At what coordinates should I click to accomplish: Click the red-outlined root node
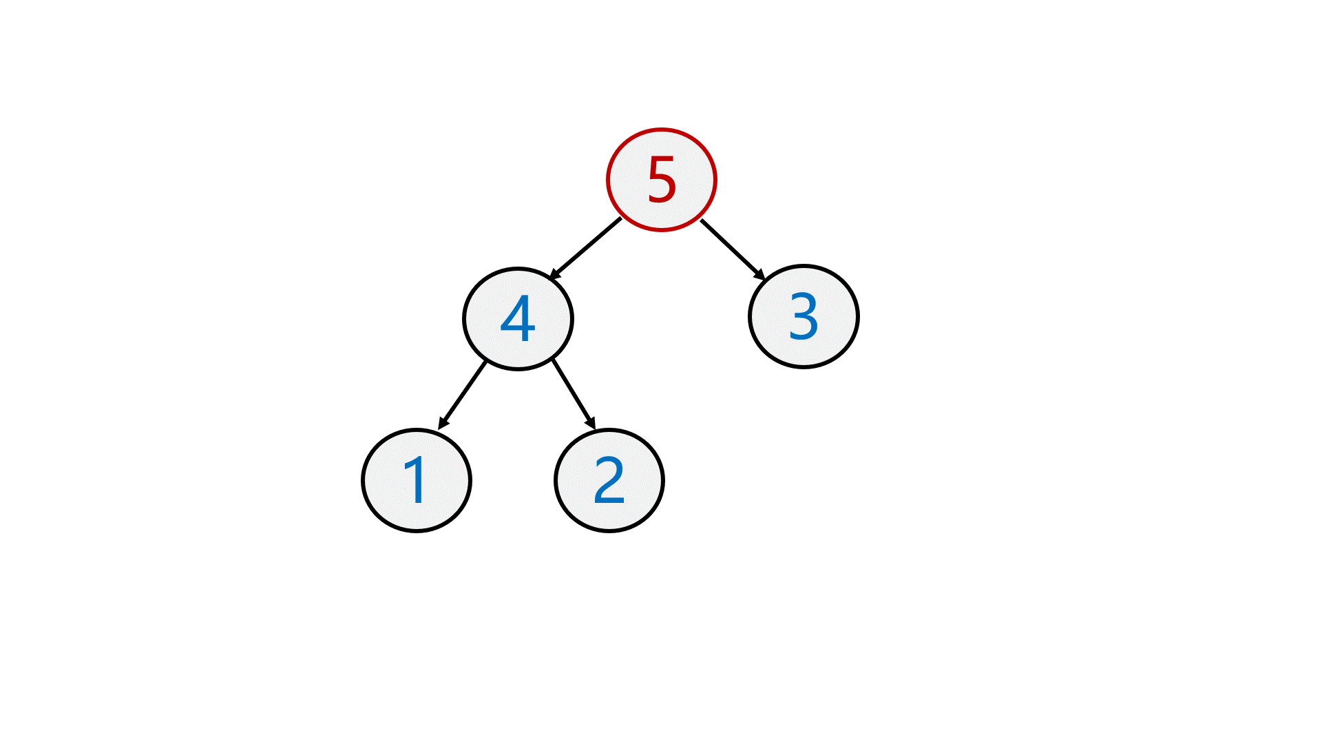(662, 180)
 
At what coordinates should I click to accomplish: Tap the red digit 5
(662, 180)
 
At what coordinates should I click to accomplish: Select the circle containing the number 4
(518, 319)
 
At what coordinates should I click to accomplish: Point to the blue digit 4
(518, 319)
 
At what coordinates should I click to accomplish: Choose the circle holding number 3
(804, 317)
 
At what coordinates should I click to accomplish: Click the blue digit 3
(804, 317)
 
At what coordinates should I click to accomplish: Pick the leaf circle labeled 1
(417, 480)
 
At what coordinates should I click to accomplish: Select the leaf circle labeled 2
(609, 480)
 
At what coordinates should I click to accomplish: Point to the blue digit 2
(609, 480)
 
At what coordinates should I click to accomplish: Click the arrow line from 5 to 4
(585, 249)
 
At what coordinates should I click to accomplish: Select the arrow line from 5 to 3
(733, 250)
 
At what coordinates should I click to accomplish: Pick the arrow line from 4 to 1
(462, 395)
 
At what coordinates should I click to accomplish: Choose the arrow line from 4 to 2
(574, 394)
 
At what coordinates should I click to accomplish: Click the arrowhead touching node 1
(443, 423)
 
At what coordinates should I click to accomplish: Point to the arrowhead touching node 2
(591, 422)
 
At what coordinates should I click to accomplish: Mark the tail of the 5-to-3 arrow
(701, 220)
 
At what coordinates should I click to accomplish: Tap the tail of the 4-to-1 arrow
(486, 362)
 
